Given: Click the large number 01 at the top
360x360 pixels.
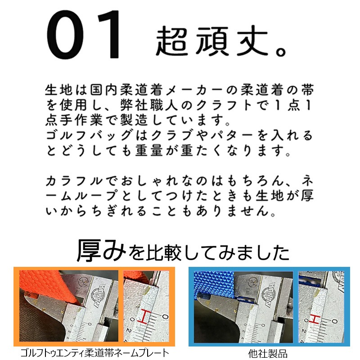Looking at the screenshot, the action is pos(83,35).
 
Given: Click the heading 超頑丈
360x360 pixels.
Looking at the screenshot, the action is pos(212,41).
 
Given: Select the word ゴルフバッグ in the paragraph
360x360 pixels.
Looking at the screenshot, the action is pos(90,135).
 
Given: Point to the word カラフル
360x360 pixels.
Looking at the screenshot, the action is pos(74,181).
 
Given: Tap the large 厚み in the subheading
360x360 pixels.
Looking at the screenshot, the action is pos(102,250).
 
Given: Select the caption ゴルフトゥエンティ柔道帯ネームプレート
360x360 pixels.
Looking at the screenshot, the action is pos(95,353).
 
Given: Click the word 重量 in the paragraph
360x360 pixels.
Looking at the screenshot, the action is pos(149,151).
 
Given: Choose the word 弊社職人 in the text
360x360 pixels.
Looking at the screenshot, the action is pos(149,105).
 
